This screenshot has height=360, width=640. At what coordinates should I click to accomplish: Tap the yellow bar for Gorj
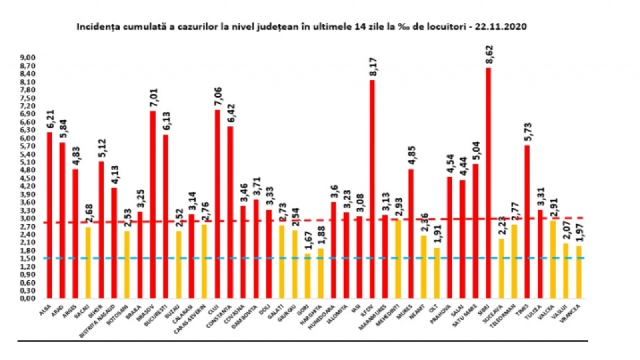pos(308,276)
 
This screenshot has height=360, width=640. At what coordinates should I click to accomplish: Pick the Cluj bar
pos(217,204)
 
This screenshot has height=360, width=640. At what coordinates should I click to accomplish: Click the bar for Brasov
pos(153,204)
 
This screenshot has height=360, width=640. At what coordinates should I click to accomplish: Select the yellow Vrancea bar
pos(579,272)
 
